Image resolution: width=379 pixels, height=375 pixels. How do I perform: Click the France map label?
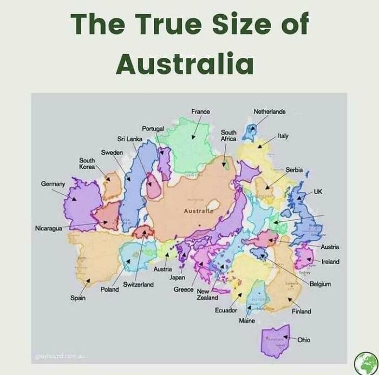point(200,111)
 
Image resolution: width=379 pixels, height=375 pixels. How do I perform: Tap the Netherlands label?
point(269,111)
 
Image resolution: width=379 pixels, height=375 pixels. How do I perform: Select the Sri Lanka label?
point(129,139)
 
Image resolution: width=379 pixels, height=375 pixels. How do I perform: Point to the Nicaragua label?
point(48,228)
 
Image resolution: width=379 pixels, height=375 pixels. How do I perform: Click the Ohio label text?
point(304,340)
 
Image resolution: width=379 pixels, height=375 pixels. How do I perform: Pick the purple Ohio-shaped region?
point(275,341)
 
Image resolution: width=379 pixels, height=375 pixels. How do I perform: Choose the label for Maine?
point(246,321)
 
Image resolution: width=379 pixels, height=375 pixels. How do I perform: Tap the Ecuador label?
point(226,310)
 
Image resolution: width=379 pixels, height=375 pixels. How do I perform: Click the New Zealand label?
point(207,294)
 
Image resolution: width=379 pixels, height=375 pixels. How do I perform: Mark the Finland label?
point(301,312)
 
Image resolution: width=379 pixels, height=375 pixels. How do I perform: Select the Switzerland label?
point(138,284)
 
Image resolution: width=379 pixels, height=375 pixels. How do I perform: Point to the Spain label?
point(77,298)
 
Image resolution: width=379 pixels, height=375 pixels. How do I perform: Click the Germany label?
point(53,184)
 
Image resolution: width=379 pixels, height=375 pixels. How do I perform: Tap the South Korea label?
point(87,163)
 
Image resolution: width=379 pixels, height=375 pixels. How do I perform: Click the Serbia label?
point(294,169)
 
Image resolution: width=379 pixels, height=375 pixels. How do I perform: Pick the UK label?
point(318,192)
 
